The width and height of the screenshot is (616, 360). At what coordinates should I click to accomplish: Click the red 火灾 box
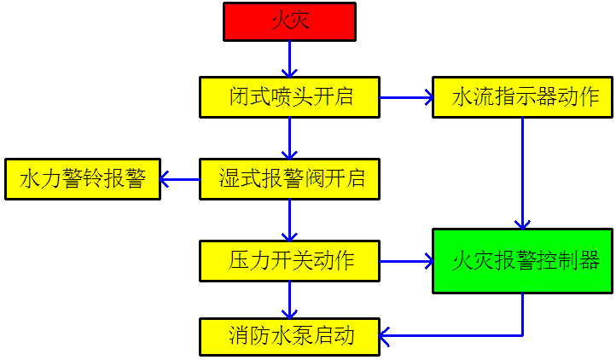pyautogui.click(x=289, y=21)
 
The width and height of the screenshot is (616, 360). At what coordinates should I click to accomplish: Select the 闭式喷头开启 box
pyautogui.click(x=289, y=97)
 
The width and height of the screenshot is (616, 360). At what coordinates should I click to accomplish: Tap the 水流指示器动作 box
pyautogui.click(x=522, y=97)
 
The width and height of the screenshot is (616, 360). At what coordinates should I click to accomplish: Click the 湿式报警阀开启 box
pyautogui.click(x=289, y=179)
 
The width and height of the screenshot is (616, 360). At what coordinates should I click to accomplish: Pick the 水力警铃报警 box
pyautogui.click(x=82, y=179)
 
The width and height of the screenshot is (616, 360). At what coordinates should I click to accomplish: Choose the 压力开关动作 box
pyautogui.click(x=289, y=261)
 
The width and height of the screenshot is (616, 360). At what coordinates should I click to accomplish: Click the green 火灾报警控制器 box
pyautogui.click(x=522, y=261)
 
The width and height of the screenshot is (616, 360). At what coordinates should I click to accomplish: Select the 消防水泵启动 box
pyautogui.click(x=289, y=336)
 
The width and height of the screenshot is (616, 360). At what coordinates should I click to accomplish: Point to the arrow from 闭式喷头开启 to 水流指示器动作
pyautogui.click(x=406, y=97)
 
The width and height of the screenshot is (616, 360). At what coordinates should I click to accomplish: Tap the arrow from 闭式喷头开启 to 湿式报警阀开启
pyautogui.click(x=289, y=137)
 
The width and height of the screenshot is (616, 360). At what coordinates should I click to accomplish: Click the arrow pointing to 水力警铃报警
pyautogui.click(x=179, y=179)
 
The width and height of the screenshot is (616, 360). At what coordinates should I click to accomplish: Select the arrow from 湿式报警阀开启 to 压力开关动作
pyautogui.click(x=289, y=220)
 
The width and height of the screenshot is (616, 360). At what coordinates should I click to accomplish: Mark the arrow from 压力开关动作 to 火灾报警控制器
pyautogui.click(x=406, y=261)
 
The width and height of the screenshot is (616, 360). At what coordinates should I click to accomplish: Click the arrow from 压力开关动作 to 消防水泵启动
pyautogui.click(x=289, y=299)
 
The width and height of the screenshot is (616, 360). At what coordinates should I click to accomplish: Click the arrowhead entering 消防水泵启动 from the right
pyautogui.click(x=386, y=336)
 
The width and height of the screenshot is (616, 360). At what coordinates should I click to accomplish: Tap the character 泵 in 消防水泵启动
pyautogui.click(x=301, y=336)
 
